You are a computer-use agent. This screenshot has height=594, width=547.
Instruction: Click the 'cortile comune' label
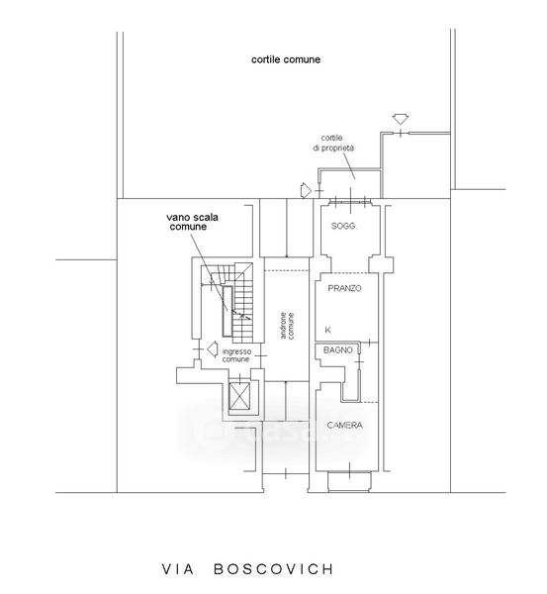[286, 59]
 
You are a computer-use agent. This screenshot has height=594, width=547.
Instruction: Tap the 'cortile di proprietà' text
[333, 144]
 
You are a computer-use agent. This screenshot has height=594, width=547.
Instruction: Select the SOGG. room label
[343, 226]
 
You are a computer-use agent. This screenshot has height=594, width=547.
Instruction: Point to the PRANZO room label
[344, 288]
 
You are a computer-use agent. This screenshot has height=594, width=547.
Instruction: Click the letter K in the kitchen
[327, 330]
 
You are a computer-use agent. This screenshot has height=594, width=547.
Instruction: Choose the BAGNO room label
[337, 350]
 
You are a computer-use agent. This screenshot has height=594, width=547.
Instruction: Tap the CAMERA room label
[344, 426]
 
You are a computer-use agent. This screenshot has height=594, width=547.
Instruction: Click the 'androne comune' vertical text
[287, 326]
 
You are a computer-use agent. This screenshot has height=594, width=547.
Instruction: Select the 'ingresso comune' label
[236, 355]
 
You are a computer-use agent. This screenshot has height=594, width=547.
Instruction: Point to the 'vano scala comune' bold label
[192, 222]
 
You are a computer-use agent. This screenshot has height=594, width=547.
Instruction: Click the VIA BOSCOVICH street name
[248, 569]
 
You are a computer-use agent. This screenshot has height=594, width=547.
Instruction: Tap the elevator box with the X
[239, 396]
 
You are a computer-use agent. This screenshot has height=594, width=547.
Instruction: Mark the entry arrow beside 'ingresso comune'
[213, 348]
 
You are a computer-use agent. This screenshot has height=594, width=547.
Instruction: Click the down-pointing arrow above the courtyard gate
[401, 119]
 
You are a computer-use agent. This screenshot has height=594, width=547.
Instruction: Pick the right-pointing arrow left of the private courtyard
[306, 190]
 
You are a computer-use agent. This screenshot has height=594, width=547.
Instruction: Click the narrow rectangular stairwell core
[228, 311]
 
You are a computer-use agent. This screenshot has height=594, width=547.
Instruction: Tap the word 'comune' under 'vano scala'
[188, 227]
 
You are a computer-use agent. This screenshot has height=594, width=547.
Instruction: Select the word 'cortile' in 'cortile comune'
[266, 59]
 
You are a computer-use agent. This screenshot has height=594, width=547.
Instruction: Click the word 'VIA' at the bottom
[178, 569]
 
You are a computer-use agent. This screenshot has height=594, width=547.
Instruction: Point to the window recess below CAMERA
[349, 482]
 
